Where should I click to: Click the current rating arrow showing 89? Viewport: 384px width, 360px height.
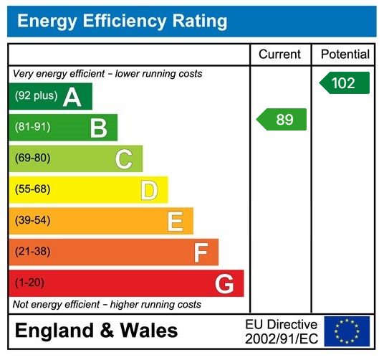click(x=282, y=120)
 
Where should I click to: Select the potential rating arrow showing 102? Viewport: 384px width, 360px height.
click(x=345, y=83)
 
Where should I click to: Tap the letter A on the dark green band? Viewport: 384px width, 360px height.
click(x=72, y=97)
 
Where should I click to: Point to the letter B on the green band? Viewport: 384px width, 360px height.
click(x=98, y=128)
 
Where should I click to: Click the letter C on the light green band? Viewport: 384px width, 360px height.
click(x=124, y=159)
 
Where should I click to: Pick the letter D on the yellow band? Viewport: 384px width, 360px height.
click(x=149, y=190)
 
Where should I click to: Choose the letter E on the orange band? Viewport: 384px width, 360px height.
click(x=175, y=222)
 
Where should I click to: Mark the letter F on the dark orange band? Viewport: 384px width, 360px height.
click(x=201, y=252)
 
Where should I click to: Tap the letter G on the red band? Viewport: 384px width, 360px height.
click(x=225, y=285)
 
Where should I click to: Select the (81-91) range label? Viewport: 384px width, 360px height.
click(x=33, y=128)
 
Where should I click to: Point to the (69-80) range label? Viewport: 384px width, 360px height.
click(x=33, y=158)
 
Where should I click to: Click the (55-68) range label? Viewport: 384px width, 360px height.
click(x=33, y=190)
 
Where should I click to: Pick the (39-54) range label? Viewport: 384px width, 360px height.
click(x=33, y=221)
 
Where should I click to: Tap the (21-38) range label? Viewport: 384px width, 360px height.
click(x=33, y=252)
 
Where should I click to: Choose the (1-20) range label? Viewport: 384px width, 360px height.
click(x=30, y=283)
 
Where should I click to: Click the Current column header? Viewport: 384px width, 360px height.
click(x=279, y=55)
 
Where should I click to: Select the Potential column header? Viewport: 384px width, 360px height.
click(x=345, y=55)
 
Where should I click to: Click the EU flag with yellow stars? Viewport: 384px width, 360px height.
click(x=347, y=331)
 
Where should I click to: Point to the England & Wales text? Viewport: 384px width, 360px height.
click(x=96, y=331)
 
